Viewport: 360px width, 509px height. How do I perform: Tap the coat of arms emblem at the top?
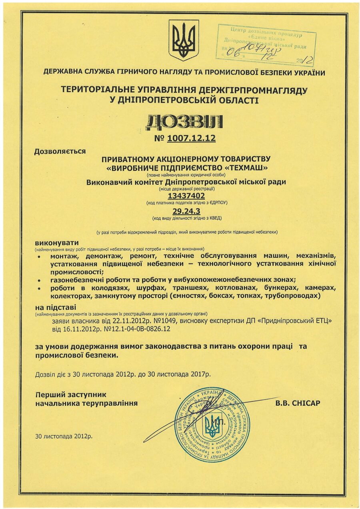coord(184,40)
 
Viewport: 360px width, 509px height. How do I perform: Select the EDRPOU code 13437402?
coord(186,196)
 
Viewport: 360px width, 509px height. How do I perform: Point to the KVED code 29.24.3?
coord(186,211)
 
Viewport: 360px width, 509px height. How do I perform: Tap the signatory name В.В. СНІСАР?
coord(298,403)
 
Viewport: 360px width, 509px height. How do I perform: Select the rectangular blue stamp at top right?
coord(266,44)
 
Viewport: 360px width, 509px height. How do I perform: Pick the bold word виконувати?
coord(57,243)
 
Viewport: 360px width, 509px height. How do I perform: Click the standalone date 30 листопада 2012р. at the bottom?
coord(64,436)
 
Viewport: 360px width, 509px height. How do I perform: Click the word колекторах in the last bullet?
coord(68,296)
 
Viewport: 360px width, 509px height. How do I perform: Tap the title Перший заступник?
coord(68,394)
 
